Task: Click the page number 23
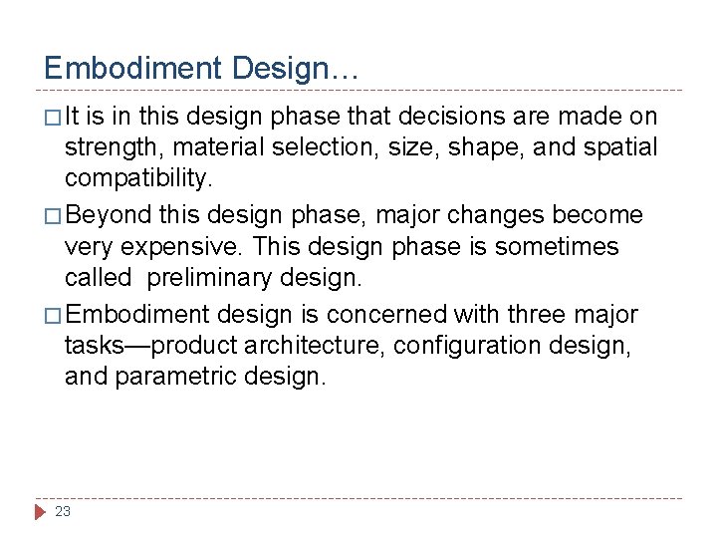click(63, 511)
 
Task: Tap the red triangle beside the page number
click(41, 511)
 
